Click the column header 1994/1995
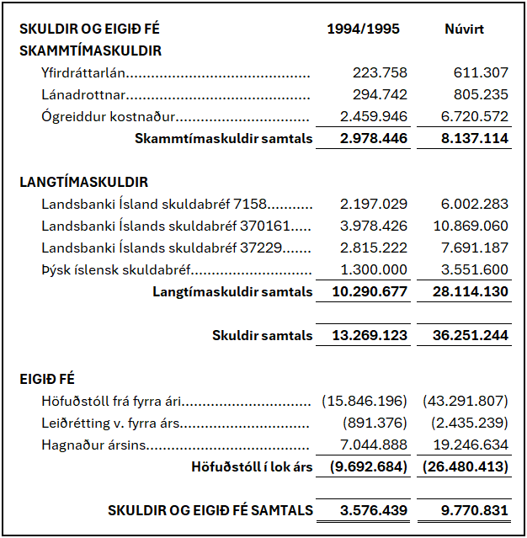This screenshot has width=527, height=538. tap(363, 29)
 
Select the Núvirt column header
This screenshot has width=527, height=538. tap(464, 29)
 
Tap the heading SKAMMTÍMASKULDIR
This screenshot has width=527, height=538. tap(90, 51)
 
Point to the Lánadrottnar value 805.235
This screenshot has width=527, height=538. tap(481, 95)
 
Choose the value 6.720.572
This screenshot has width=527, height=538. tap(474, 117)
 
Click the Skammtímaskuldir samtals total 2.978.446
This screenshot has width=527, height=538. tap(374, 139)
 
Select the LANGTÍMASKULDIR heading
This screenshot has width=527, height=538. tap(83, 182)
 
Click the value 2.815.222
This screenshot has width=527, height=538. tap(374, 248)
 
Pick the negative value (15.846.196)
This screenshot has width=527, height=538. tap(365, 401)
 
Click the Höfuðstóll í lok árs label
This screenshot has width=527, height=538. tap(252, 466)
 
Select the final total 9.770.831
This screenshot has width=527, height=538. tap(474, 510)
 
